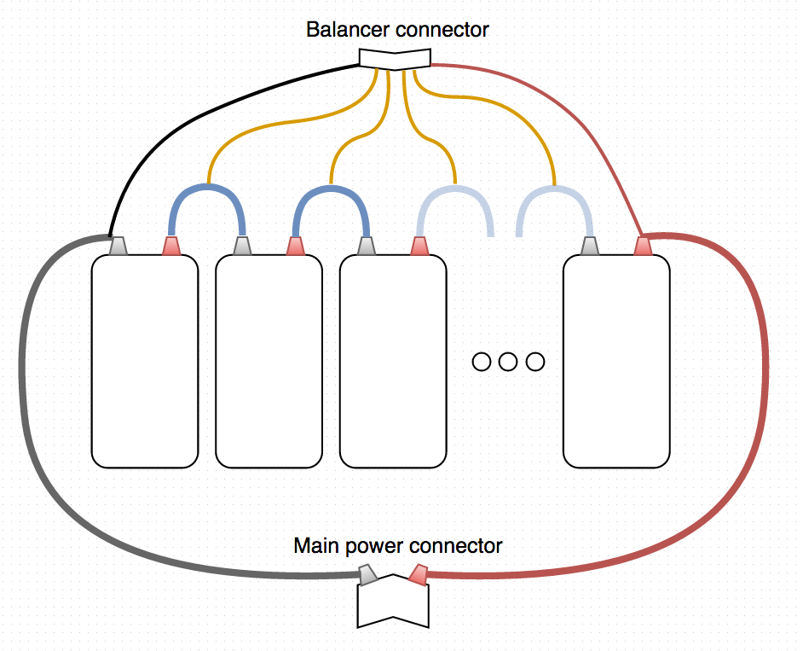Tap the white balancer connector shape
394,59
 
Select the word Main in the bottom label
312,546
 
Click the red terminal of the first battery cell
171,247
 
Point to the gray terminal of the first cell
118,247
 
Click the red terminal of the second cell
296,247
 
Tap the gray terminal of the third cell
367,247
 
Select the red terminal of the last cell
643,247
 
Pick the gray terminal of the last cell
590,247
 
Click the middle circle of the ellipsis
508,362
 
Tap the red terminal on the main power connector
418,575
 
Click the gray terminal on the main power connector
368,575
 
